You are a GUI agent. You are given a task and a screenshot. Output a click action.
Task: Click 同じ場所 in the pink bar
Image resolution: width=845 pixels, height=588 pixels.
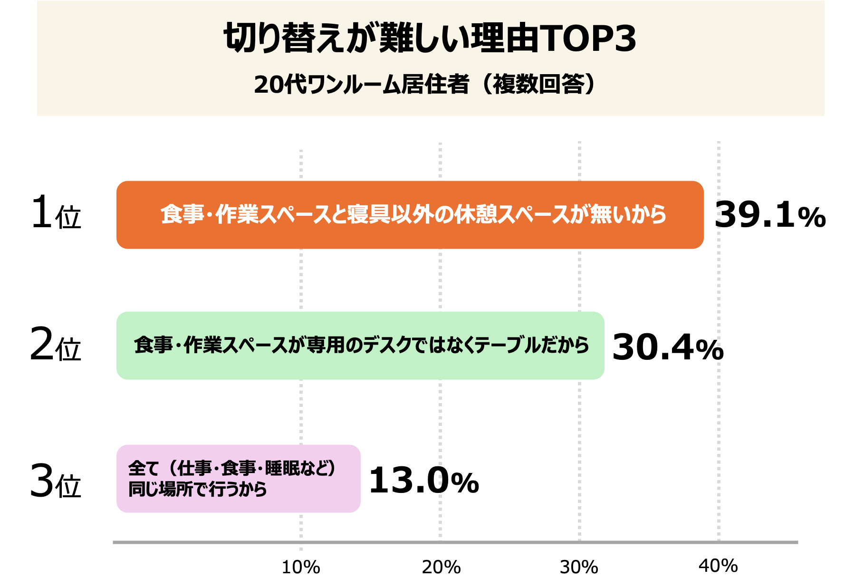[161, 489]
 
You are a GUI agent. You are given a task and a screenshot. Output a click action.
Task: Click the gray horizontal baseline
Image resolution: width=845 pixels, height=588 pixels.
[455, 542]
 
